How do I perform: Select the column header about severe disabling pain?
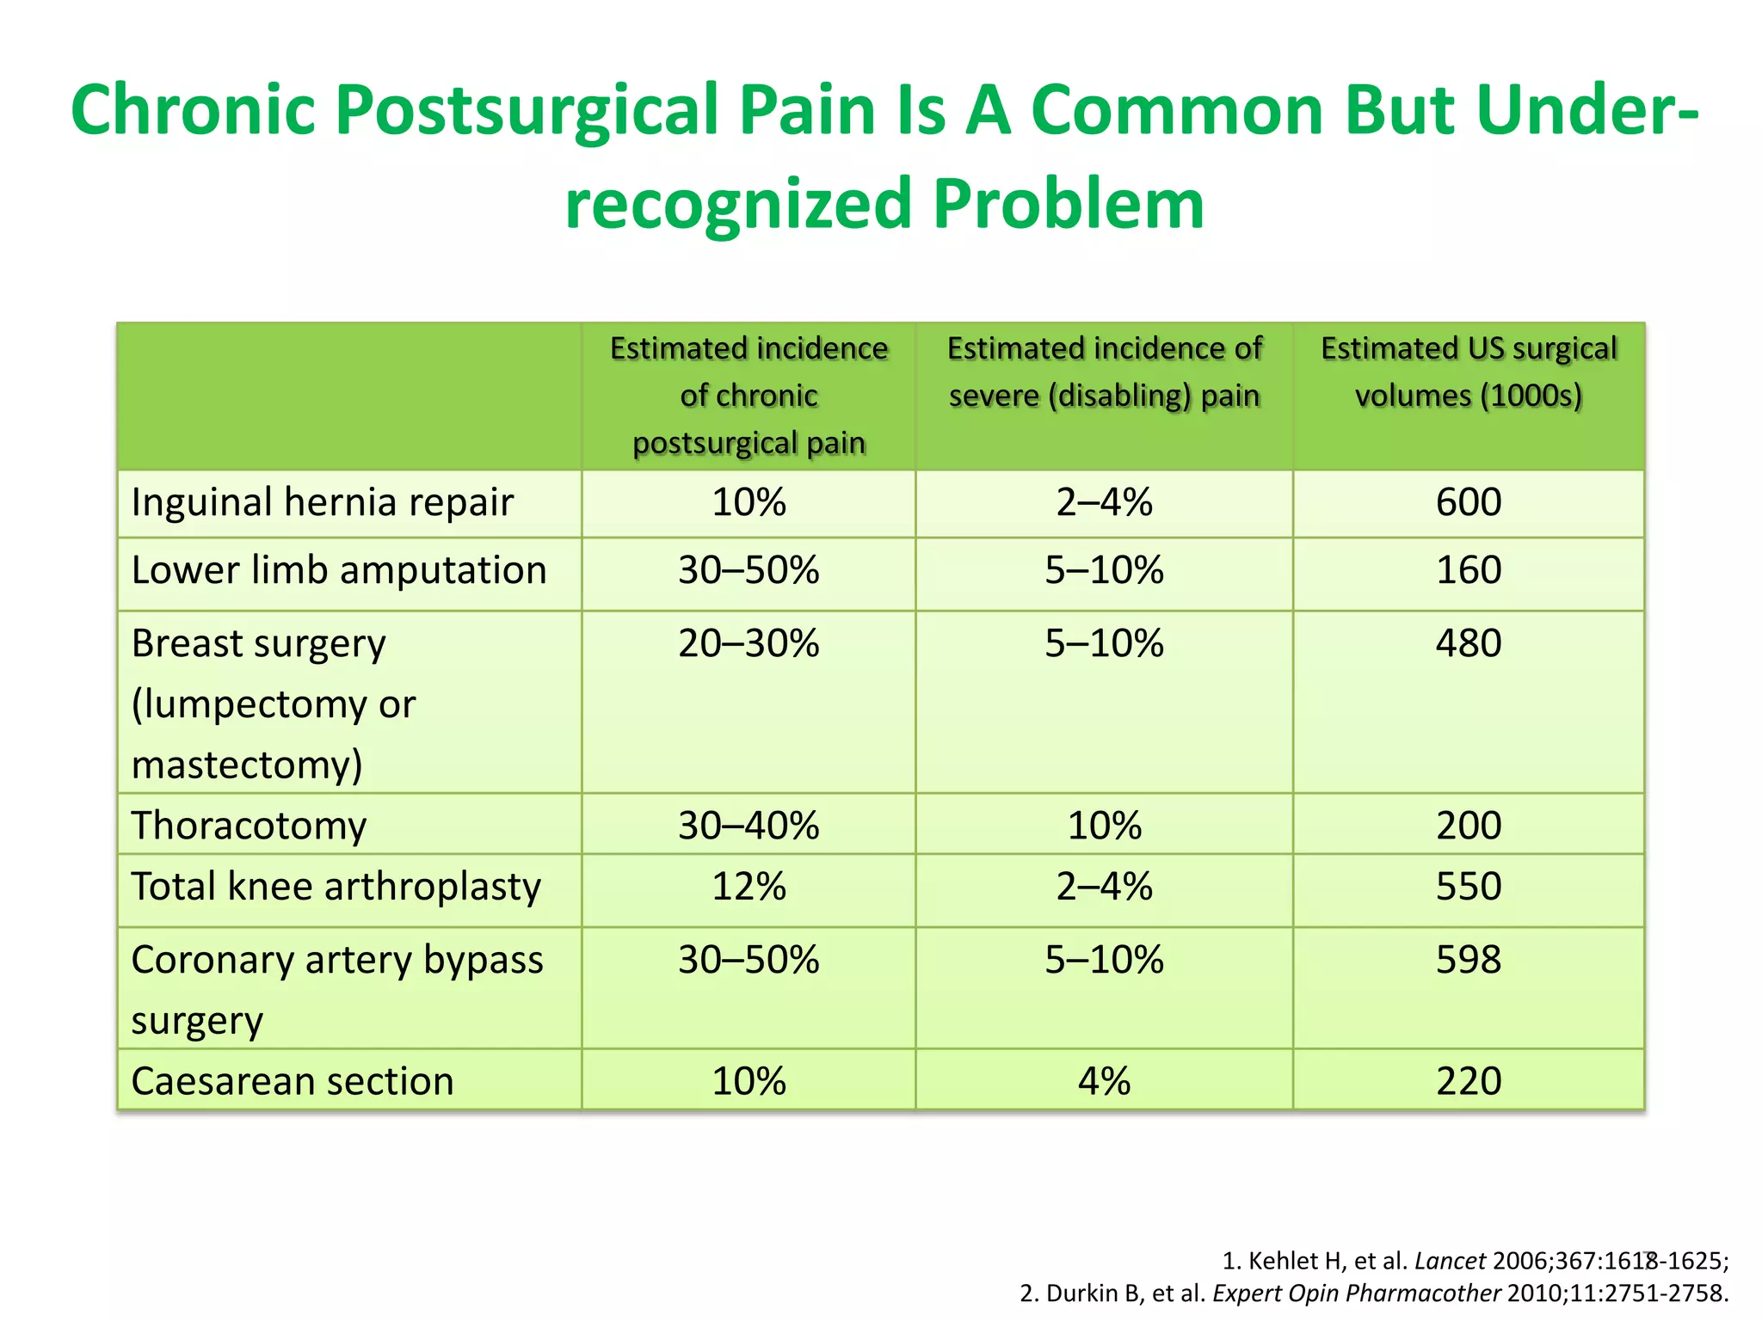[x=1104, y=372]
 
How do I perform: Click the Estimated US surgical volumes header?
[x=1469, y=372]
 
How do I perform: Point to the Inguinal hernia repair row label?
[x=323, y=502]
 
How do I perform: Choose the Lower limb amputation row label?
[x=339, y=570]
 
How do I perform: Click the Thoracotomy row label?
[x=249, y=826]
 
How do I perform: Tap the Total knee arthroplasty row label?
[x=336, y=887]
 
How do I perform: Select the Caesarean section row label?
[x=293, y=1081]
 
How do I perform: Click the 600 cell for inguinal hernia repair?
[x=1469, y=502]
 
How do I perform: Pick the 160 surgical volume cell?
[x=1469, y=570]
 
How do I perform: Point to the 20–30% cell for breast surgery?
[x=749, y=644]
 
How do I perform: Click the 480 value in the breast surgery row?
[x=1469, y=644]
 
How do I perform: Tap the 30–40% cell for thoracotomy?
[x=749, y=826]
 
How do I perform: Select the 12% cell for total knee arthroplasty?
[x=749, y=887]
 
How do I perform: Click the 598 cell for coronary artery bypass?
[x=1469, y=960]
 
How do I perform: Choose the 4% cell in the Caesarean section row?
[x=1104, y=1081]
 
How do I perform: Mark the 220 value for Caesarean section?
[x=1469, y=1081]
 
